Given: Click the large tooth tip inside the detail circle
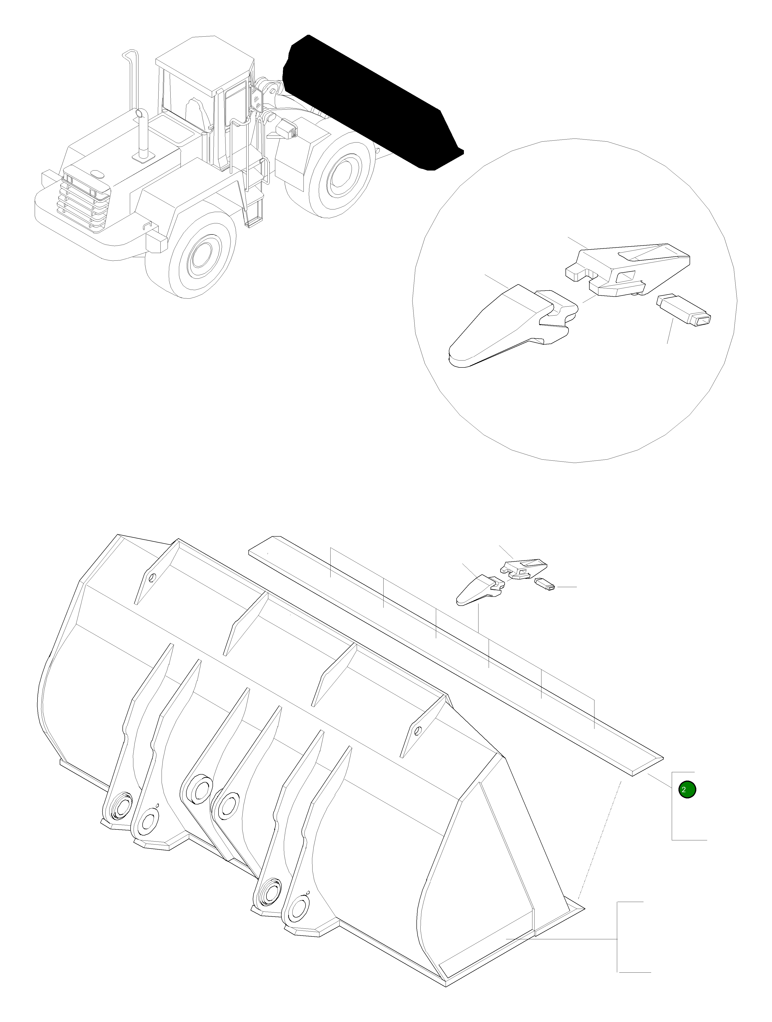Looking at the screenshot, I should (x=503, y=328).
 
